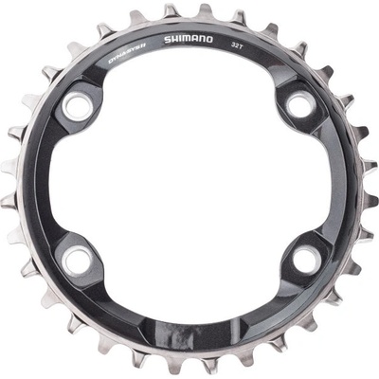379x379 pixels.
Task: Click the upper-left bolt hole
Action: [78, 110]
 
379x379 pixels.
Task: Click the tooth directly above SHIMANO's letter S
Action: [170, 12]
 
